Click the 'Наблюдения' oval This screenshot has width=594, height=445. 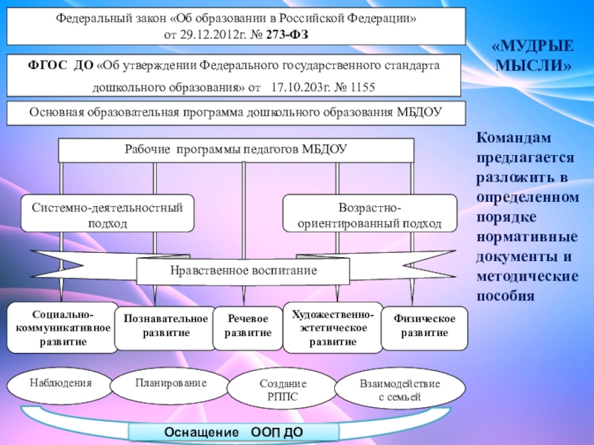click(x=61, y=383)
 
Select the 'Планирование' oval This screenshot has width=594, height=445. click(x=171, y=383)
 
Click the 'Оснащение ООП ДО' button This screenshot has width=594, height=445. click(x=234, y=432)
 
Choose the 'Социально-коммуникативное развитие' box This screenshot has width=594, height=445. click(x=63, y=327)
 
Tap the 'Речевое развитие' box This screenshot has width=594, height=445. click(x=248, y=326)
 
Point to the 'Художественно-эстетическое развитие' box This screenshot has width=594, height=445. click(x=332, y=327)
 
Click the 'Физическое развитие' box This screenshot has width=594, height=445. click(x=425, y=326)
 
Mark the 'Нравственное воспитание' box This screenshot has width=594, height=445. click(x=243, y=271)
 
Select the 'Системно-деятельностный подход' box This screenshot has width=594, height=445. click(x=107, y=215)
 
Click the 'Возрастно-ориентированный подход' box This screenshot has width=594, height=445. click(x=370, y=215)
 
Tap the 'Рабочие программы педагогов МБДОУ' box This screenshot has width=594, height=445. click(x=235, y=149)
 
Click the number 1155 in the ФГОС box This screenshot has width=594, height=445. click(x=359, y=88)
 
